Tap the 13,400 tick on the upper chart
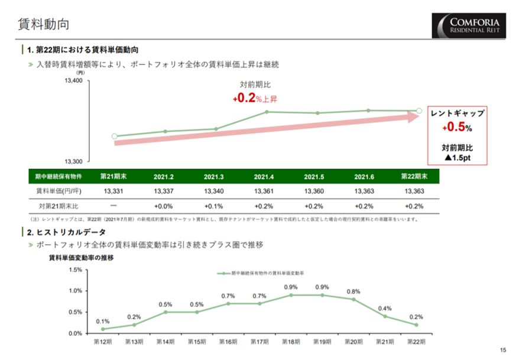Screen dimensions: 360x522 click(73, 81)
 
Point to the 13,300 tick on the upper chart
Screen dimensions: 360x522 click(73, 161)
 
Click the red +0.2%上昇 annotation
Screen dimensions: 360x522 click(255, 98)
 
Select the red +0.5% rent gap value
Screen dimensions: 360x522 click(457, 127)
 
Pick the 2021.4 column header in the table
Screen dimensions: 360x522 click(264, 177)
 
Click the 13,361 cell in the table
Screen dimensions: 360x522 click(264, 191)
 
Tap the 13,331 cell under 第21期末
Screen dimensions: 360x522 click(113, 191)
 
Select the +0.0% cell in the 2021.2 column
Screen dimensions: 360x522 click(163, 206)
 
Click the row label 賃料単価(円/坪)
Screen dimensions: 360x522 click(59, 191)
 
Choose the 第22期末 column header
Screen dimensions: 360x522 click(414, 177)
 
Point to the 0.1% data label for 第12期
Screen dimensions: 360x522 click(103, 321)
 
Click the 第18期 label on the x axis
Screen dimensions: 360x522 click(291, 342)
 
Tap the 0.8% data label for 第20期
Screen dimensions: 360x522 click(354, 291)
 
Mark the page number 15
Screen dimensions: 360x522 click(503, 349)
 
